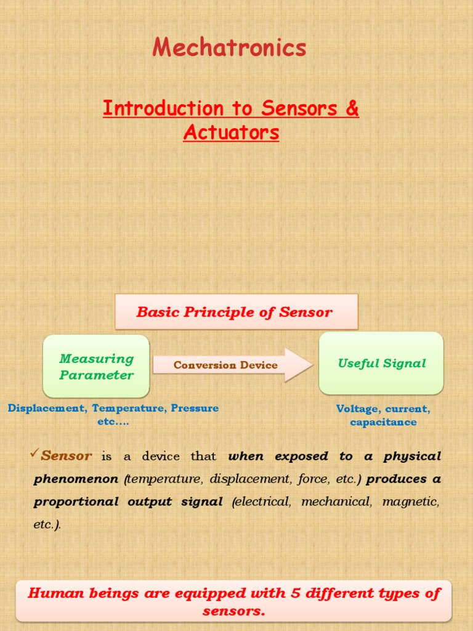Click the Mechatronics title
(x=229, y=48)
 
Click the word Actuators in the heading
(x=231, y=132)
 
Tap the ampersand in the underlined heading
(x=352, y=108)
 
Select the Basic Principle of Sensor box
(x=236, y=312)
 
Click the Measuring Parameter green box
(x=96, y=367)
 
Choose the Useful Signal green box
(x=381, y=364)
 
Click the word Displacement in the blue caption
(x=46, y=408)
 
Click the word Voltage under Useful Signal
(x=358, y=409)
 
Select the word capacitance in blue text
(x=383, y=422)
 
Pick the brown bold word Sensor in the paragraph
(x=67, y=457)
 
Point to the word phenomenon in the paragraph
(x=76, y=479)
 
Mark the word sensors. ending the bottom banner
(x=233, y=611)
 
